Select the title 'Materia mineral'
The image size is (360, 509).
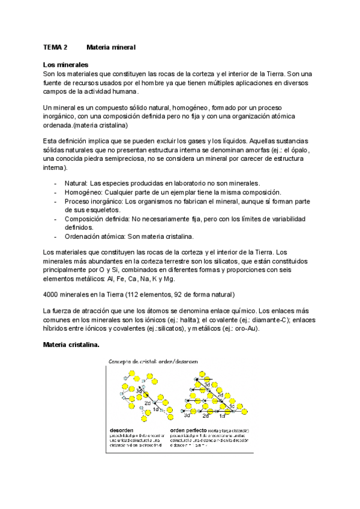pos(112,47)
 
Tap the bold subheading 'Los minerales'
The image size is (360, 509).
pos(65,64)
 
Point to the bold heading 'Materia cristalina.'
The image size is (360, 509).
pos(71,345)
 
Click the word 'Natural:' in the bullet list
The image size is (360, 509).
pos(76,182)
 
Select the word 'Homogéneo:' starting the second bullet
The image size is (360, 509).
pos(83,191)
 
